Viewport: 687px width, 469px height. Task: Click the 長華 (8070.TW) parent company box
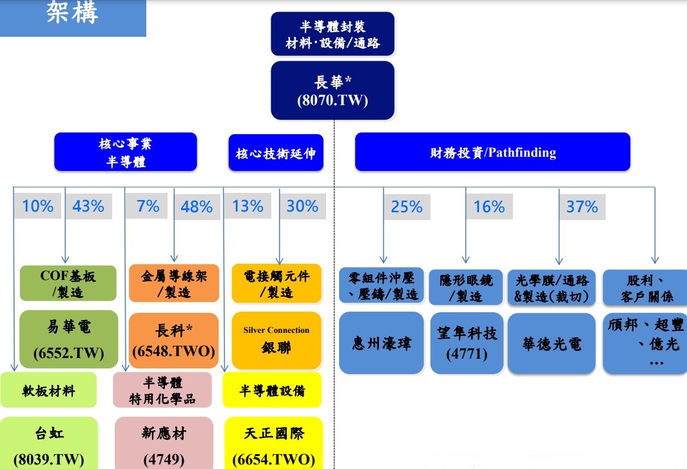[333, 90]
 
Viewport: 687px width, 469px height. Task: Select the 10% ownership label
[37, 206]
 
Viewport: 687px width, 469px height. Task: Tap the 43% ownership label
[88, 206]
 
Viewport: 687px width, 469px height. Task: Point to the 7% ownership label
[147, 206]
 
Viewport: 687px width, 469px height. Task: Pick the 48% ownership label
[197, 206]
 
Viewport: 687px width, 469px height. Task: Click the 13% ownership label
[248, 206]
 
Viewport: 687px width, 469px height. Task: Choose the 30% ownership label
[302, 206]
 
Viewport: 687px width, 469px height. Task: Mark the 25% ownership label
[407, 206]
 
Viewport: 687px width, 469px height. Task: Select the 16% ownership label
[489, 206]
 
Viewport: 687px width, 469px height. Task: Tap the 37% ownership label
[583, 206]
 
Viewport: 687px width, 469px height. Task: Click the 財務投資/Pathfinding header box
[492, 152]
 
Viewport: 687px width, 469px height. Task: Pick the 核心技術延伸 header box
[276, 153]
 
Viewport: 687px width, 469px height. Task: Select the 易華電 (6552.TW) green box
[69, 339]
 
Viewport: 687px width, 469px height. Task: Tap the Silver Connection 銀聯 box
[276, 341]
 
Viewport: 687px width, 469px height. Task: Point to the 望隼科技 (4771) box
[467, 343]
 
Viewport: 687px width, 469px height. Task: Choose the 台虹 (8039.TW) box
[49, 443]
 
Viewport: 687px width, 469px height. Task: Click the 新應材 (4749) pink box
[164, 443]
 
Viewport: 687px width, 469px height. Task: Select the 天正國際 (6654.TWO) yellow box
[274, 443]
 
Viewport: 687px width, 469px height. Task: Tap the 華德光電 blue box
[552, 343]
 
